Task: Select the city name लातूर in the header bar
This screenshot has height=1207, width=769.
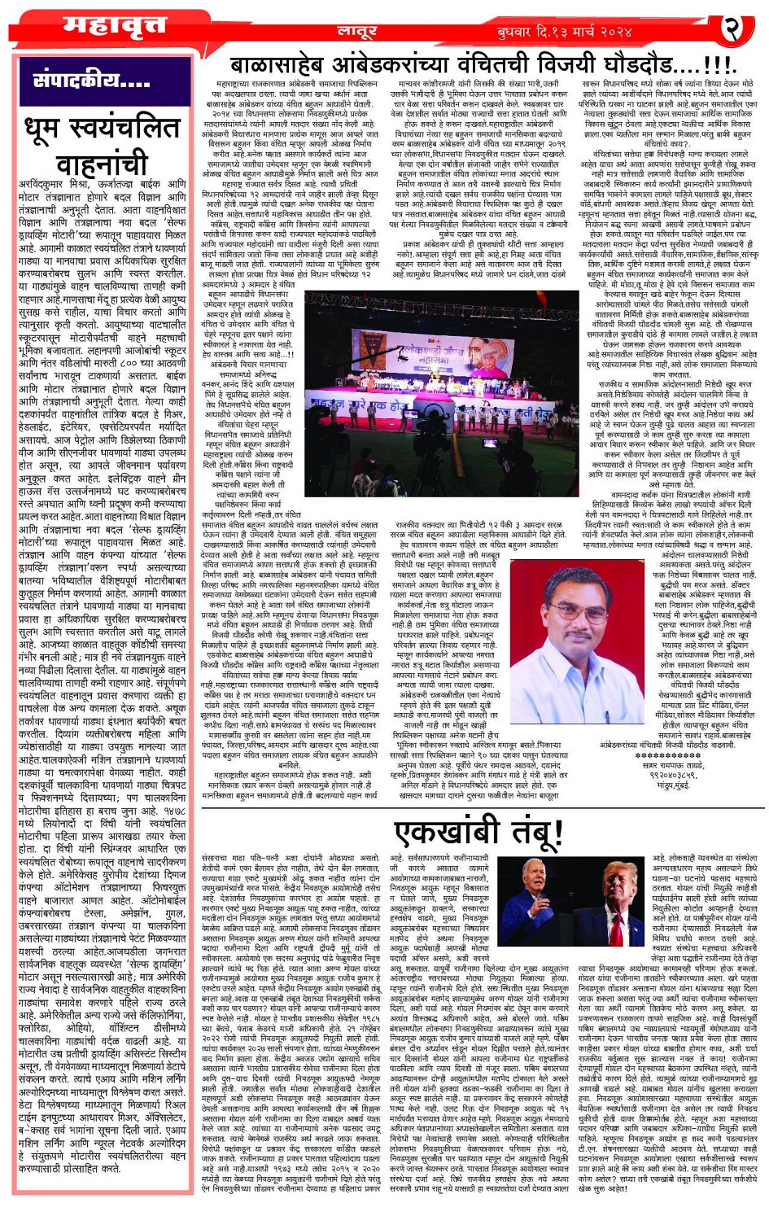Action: click(357, 32)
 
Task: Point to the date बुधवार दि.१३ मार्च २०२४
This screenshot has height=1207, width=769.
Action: click(565, 32)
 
